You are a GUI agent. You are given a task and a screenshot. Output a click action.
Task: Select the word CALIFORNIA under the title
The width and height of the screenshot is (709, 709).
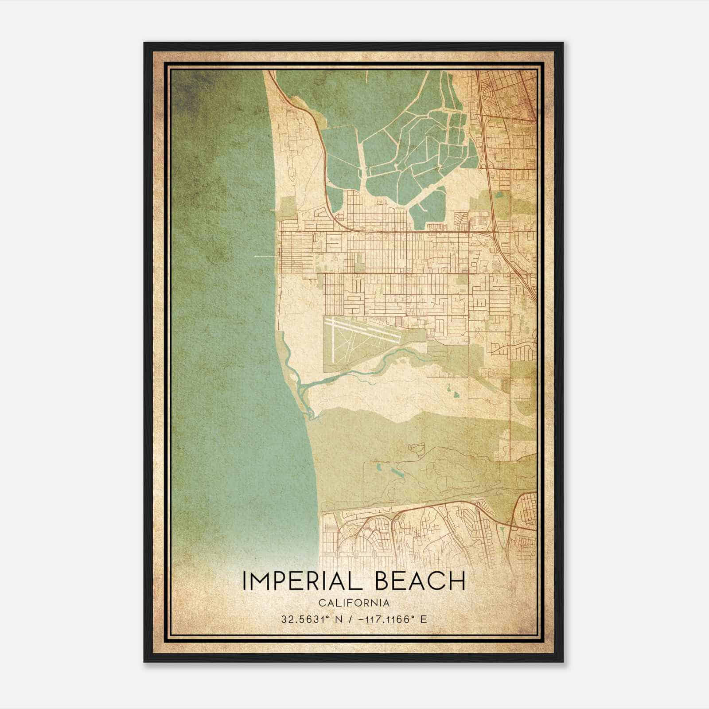[354, 603]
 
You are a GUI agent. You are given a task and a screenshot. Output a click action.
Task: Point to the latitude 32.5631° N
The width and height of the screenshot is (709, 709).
[308, 619]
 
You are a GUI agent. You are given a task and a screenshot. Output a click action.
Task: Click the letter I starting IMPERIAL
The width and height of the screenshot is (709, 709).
[244, 581]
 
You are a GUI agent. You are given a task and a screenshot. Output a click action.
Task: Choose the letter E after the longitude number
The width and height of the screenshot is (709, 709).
[424, 619]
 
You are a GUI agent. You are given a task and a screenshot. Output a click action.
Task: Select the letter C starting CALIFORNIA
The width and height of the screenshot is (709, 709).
[321, 603]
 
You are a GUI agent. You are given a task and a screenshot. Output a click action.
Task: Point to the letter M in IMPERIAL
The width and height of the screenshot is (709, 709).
[260, 581]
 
